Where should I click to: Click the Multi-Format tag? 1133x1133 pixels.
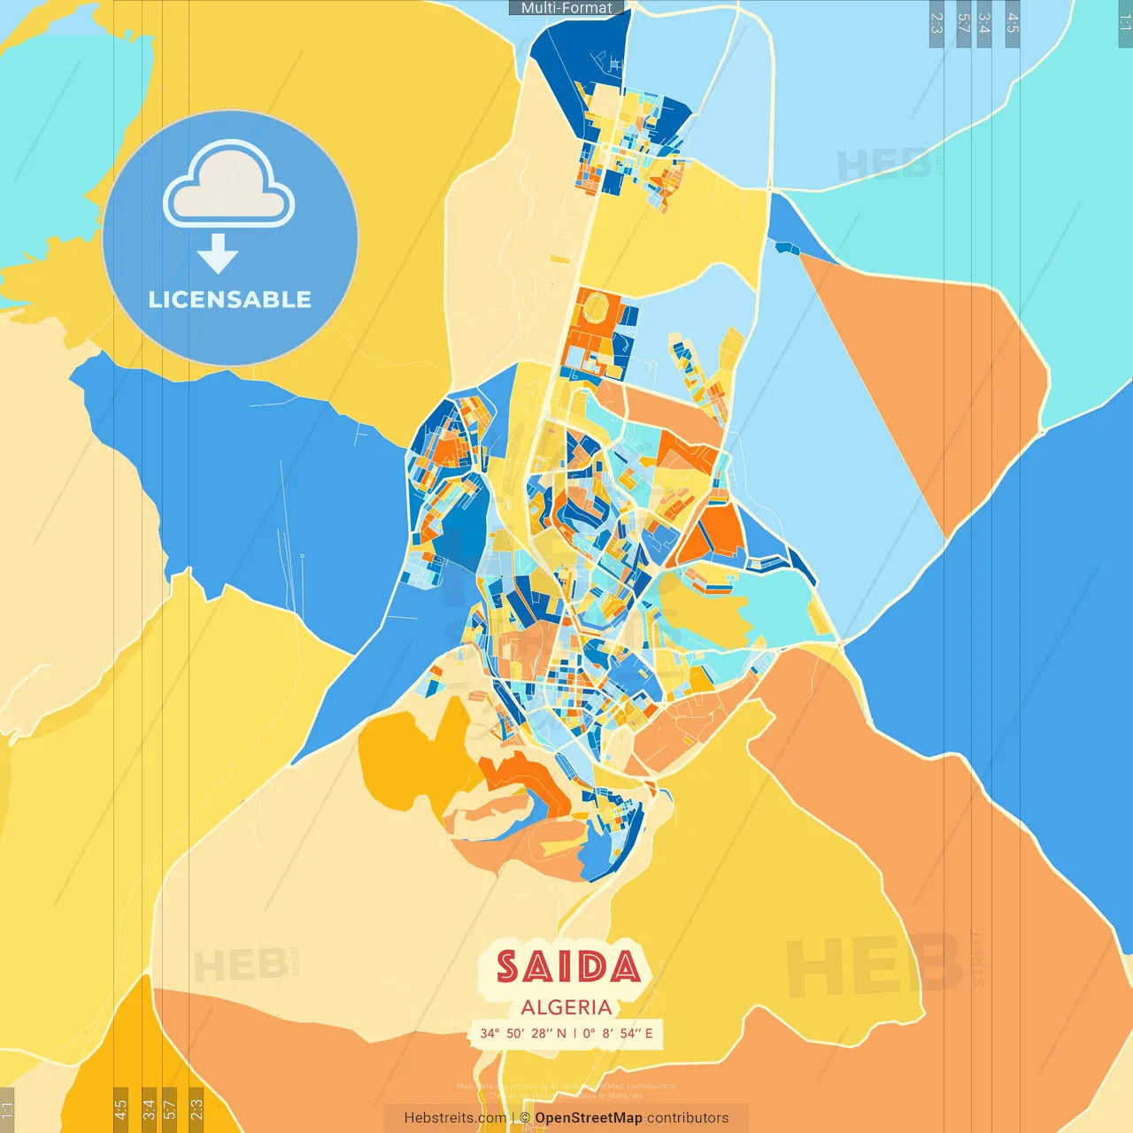pyautogui.click(x=566, y=8)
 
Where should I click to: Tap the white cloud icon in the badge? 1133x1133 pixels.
pyautogui.click(x=229, y=184)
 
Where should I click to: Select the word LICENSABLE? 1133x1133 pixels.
pyautogui.click(x=230, y=300)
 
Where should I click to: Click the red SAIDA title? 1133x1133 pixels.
pyautogui.click(x=567, y=967)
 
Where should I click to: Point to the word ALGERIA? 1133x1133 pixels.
pyautogui.click(x=566, y=1007)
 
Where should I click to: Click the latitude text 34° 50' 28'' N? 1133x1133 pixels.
pyautogui.click(x=523, y=1033)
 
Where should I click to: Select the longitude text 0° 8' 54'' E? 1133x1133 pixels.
pyautogui.click(x=618, y=1033)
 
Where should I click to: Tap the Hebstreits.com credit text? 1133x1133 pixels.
pyautogui.click(x=455, y=1118)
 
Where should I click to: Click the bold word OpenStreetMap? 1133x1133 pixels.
pyautogui.click(x=589, y=1118)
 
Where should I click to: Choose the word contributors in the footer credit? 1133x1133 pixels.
pyautogui.click(x=688, y=1118)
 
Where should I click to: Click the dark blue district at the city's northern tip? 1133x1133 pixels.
pyautogui.click(x=566, y=62)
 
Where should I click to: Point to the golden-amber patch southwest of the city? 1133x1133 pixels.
pyautogui.click(x=407, y=752)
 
